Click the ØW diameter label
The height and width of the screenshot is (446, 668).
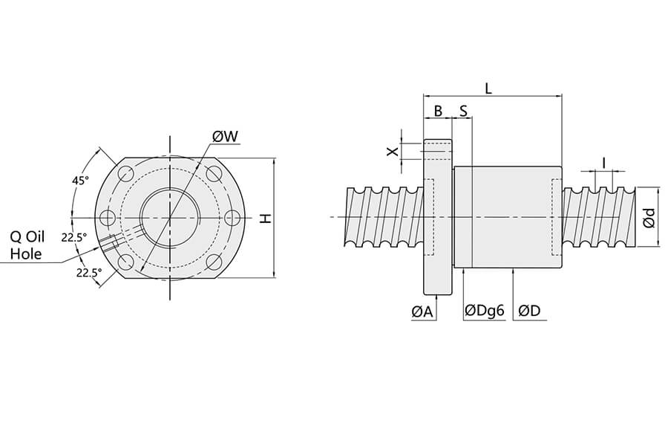(x=225, y=137)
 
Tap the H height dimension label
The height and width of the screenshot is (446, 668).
(x=265, y=218)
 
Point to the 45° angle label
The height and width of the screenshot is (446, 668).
(x=80, y=181)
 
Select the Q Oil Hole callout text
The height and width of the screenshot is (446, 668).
(x=27, y=245)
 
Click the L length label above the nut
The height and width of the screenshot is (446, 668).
(x=488, y=87)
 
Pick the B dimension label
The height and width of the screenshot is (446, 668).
(x=438, y=111)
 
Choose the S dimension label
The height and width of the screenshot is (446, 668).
(x=463, y=111)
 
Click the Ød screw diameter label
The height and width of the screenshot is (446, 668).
(x=648, y=217)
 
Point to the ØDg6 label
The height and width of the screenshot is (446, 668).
(x=484, y=312)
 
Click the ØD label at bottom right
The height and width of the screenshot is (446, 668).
(x=529, y=312)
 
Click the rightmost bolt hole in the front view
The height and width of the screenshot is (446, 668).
(x=232, y=218)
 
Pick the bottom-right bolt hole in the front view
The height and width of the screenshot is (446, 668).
(x=214, y=261)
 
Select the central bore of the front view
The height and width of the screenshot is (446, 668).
(x=170, y=218)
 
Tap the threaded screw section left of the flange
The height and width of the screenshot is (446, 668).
(x=383, y=217)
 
